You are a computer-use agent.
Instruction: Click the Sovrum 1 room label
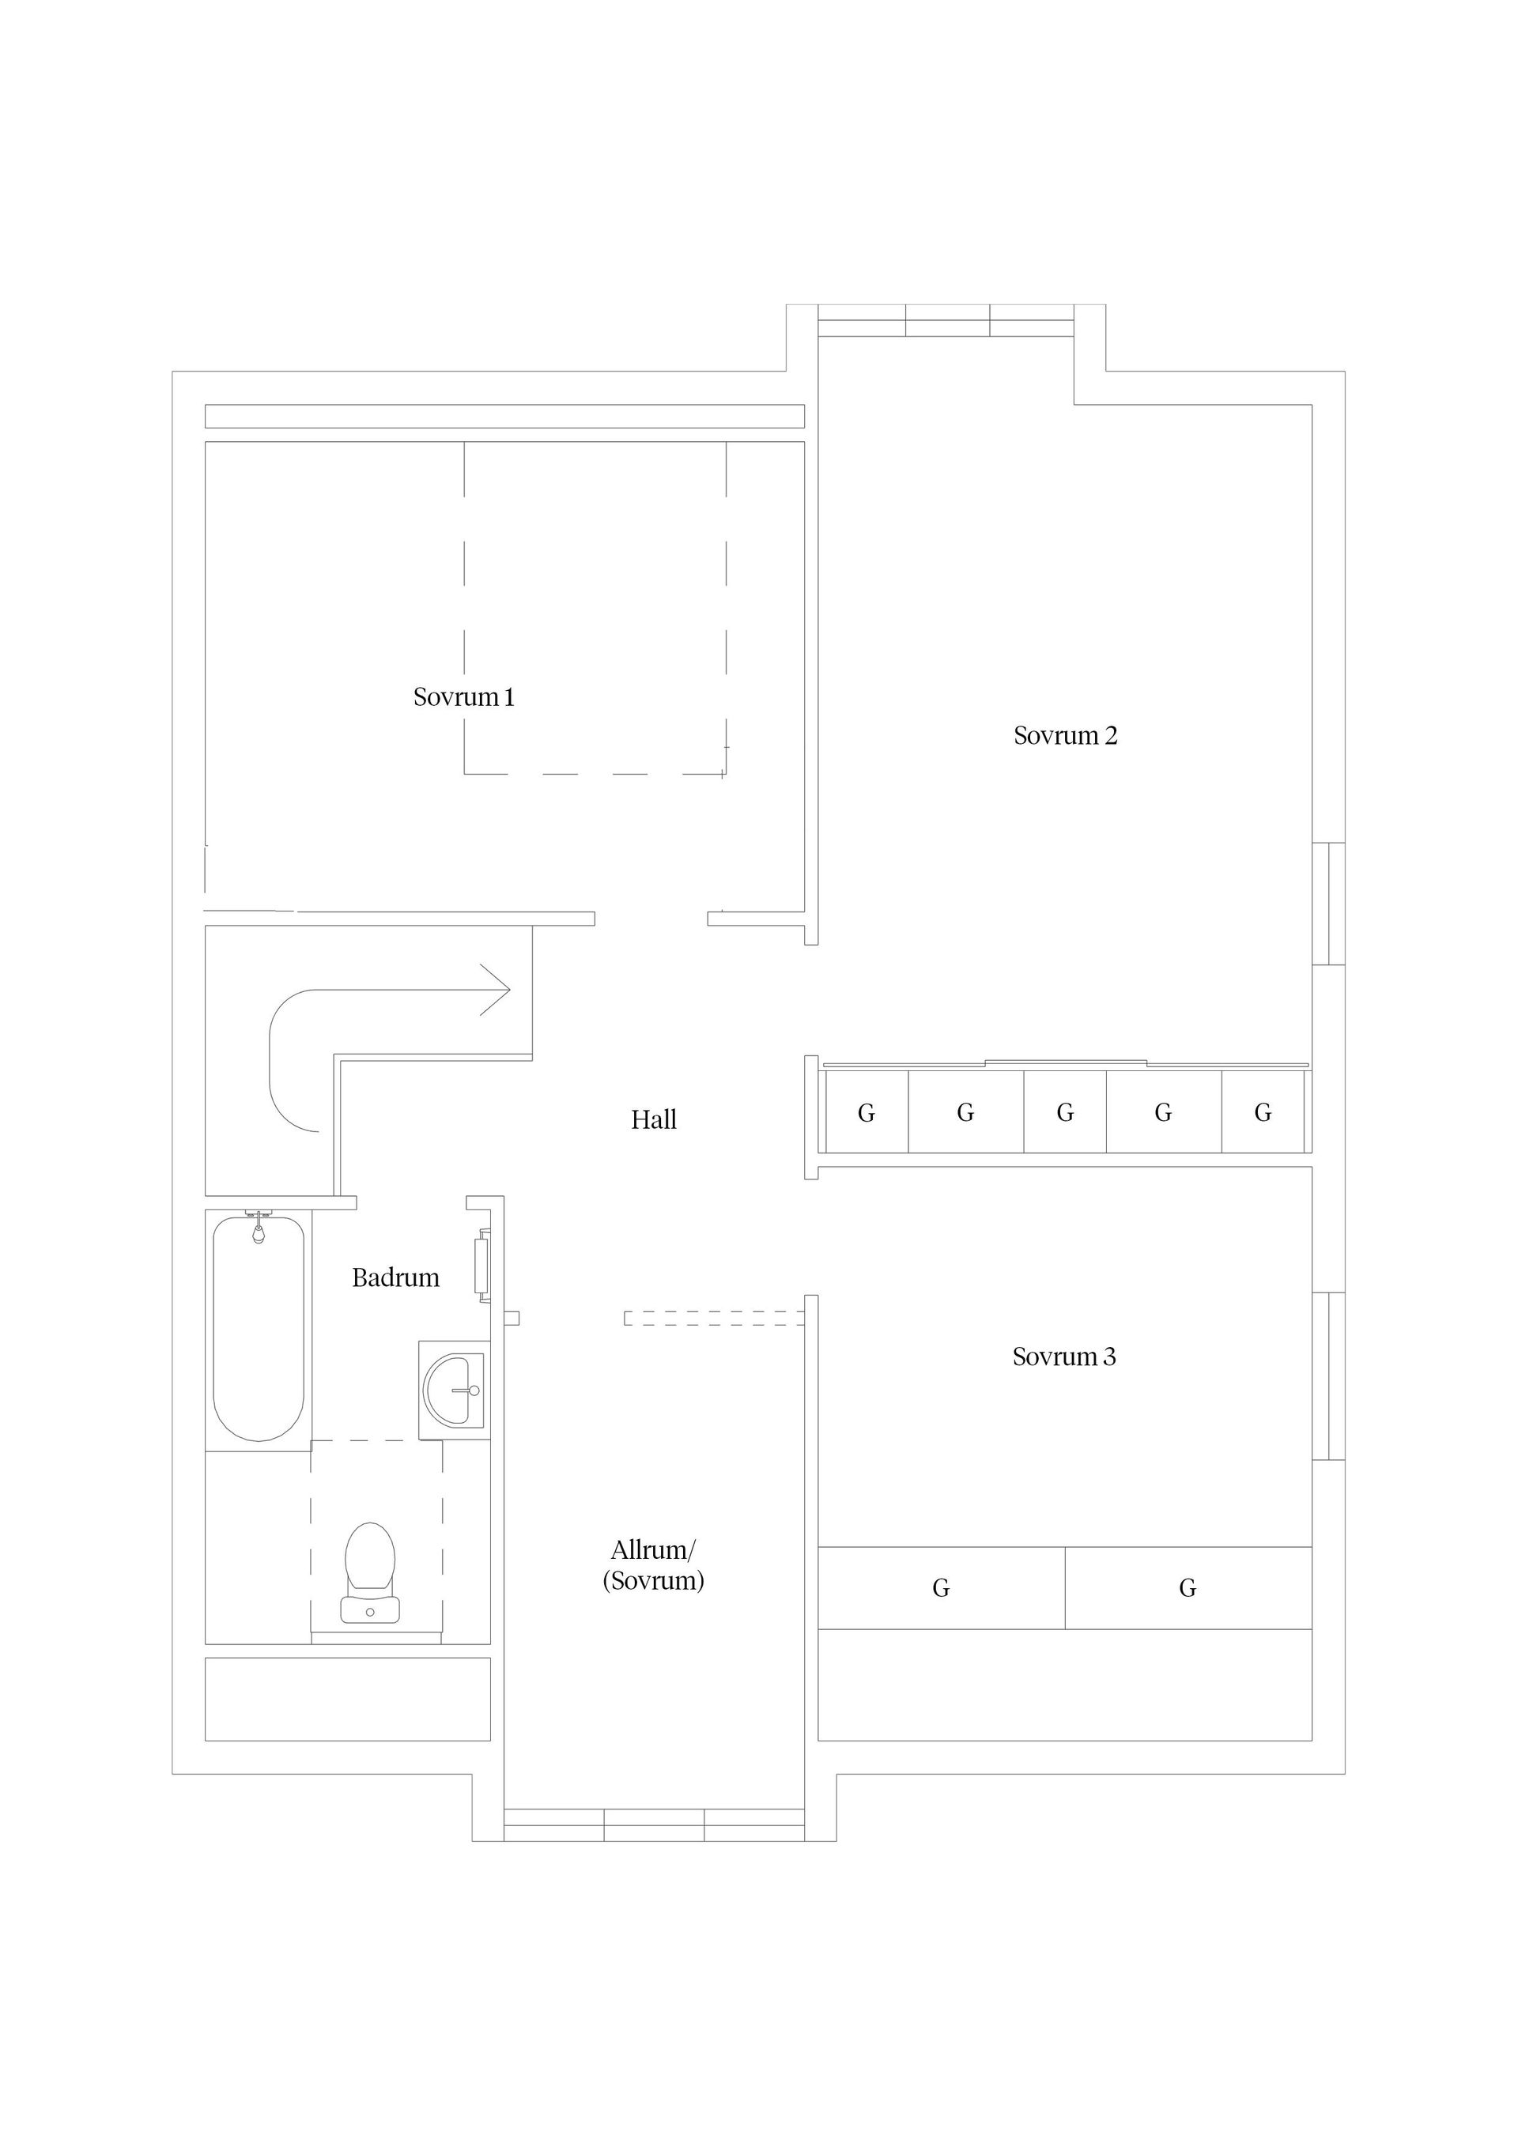464,696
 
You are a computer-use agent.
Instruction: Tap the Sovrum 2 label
1065,735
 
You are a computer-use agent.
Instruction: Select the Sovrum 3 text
1064,1356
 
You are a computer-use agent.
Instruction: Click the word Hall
653,1119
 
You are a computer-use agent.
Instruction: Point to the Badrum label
395,1277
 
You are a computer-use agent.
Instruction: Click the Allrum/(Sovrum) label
653,1565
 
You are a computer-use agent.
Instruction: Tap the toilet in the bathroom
370,1574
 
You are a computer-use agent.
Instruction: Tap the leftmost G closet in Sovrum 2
866,1113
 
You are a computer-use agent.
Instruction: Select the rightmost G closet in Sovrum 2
1263,1113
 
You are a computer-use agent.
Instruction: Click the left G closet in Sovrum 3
941,1588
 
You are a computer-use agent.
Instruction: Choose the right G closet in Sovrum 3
1188,1588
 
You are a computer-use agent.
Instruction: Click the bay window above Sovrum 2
946,321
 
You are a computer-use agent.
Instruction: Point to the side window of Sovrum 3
1329,1375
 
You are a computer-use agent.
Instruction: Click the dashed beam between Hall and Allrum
715,1319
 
